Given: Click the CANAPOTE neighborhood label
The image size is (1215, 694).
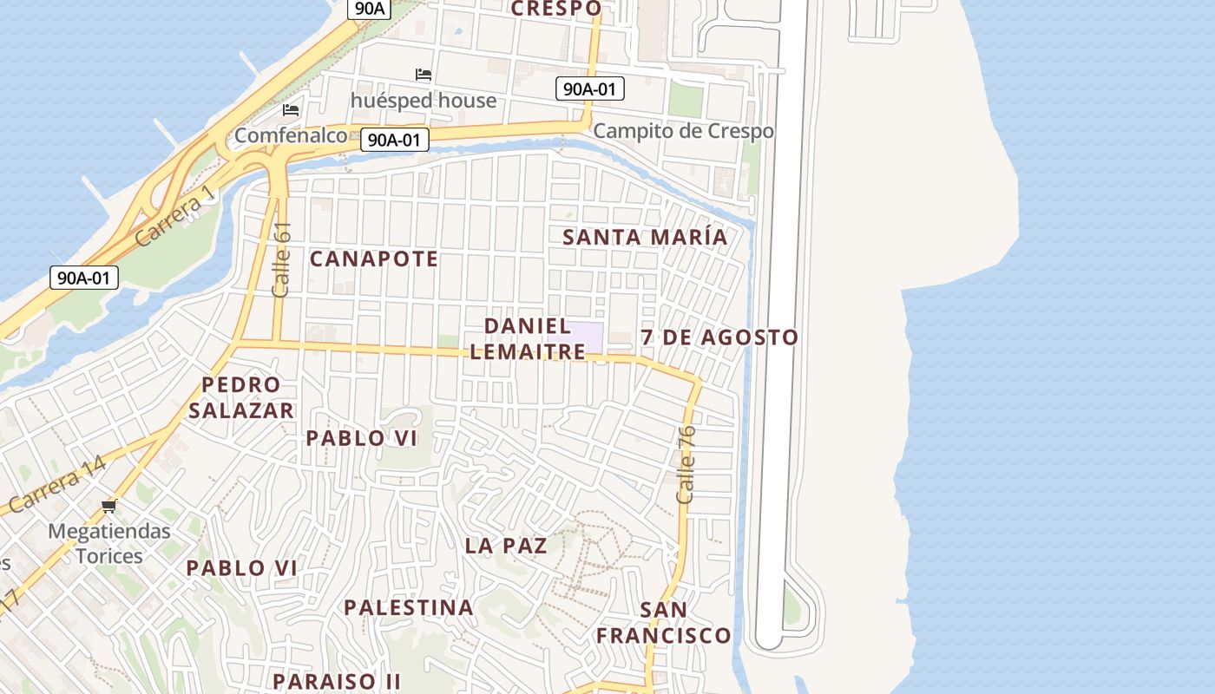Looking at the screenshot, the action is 374,259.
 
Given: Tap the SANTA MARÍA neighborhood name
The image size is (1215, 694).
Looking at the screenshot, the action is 645,237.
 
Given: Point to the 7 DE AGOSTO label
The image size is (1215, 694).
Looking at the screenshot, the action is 719,337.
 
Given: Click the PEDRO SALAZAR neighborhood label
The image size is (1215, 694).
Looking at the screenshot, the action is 241,397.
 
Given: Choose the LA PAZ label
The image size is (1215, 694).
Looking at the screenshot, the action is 506,546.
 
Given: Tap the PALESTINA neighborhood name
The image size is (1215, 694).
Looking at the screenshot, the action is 409,607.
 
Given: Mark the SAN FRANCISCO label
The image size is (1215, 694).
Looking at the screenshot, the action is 664,623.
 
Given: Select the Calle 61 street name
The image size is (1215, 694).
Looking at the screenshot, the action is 281,259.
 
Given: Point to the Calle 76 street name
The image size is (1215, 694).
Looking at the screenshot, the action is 686,464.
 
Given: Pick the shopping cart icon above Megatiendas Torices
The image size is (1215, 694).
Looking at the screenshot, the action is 108,506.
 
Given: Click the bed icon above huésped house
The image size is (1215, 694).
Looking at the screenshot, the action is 424,75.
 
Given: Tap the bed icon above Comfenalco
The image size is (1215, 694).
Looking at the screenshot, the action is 291,110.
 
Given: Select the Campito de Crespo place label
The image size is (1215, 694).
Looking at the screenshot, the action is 683,131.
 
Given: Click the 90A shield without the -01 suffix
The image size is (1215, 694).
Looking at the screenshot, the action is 369,9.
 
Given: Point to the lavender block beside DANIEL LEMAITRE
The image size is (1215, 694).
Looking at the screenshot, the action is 585,336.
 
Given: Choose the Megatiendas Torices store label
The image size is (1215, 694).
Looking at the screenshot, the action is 109,543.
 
